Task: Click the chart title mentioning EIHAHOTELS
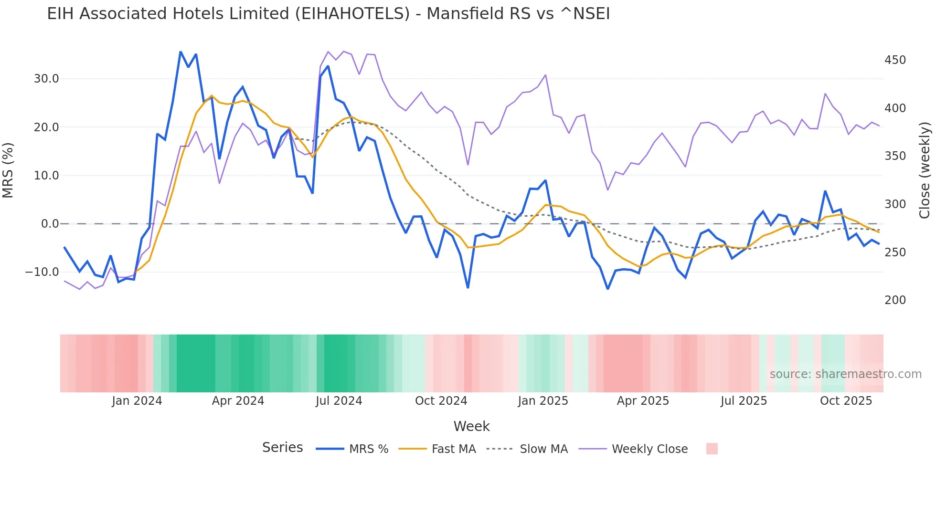click(x=328, y=14)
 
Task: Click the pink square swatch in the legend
click(x=712, y=449)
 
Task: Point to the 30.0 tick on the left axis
click(x=46, y=79)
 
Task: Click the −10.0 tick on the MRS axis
click(x=42, y=272)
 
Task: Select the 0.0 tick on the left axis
click(x=50, y=224)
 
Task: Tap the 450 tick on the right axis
click(x=895, y=60)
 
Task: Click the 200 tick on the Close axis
click(x=895, y=300)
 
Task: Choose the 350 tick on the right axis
click(x=895, y=156)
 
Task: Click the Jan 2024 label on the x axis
click(x=137, y=401)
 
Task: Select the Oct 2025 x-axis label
click(x=846, y=401)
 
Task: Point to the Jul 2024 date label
click(x=339, y=401)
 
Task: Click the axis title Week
click(x=471, y=426)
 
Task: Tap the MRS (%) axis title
click(x=8, y=170)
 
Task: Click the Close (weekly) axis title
click(x=925, y=170)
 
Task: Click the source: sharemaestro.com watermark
click(x=845, y=374)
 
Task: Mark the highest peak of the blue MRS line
click(x=181, y=52)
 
